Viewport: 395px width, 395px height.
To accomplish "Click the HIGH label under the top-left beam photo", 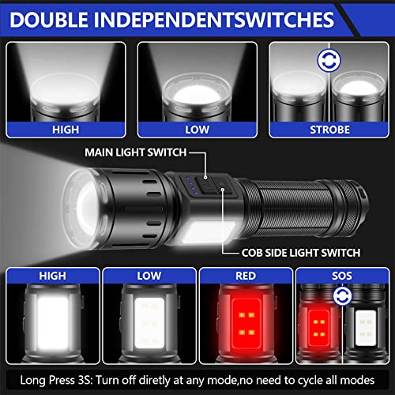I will (x=66, y=128).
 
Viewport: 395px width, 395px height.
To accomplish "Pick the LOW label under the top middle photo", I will (x=197, y=128).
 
